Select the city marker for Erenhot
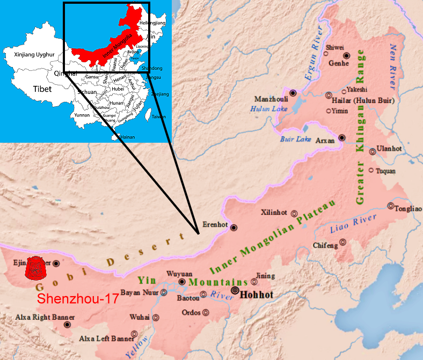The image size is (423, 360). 234,227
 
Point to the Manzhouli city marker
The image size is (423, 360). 293,93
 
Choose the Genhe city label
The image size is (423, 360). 339,63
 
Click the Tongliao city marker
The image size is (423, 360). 391,206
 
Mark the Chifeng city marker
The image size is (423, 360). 342,242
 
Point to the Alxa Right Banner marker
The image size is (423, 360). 67,325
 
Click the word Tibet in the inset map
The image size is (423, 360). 41,89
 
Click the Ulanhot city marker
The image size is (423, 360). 373,151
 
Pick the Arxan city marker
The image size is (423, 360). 342,138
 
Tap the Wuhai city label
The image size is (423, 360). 140,318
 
